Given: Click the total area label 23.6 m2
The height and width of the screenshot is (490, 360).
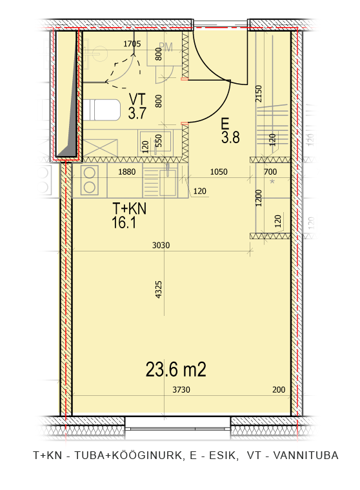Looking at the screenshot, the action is [x=175, y=369].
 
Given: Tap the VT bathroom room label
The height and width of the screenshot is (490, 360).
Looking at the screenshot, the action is [x=137, y=106].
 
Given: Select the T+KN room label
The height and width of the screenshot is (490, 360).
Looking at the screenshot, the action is [x=129, y=215].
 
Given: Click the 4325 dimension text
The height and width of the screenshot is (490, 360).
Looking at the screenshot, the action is [x=159, y=289].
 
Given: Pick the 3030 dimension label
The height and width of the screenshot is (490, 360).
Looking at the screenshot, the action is [x=161, y=245].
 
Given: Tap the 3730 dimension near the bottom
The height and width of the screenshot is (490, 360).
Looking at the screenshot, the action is [x=181, y=389].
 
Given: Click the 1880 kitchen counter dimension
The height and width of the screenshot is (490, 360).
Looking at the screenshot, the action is [x=127, y=171].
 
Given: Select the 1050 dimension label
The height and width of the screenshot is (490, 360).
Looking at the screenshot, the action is [x=219, y=171].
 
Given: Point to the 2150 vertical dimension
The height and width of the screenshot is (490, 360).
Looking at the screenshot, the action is [x=258, y=93].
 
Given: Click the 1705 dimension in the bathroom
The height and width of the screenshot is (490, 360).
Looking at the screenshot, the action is [x=132, y=44].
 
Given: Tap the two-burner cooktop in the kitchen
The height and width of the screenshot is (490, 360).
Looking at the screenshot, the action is [x=90, y=181].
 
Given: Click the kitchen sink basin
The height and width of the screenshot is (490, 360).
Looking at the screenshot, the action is [x=168, y=182].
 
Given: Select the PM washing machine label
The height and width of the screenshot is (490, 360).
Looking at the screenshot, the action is [x=166, y=47].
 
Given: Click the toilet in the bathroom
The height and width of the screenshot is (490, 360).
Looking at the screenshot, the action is [x=102, y=110].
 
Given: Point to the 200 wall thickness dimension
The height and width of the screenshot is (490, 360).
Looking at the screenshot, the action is [x=279, y=389].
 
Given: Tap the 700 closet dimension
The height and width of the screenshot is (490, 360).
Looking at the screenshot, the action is [x=270, y=171].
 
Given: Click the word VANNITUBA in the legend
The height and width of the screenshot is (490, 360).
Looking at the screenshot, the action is [x=306, y=455].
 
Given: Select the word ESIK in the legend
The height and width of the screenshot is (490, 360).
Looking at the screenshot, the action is [x=222, y=455].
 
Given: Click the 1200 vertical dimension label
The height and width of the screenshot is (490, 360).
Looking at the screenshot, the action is [x=258, y=198].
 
